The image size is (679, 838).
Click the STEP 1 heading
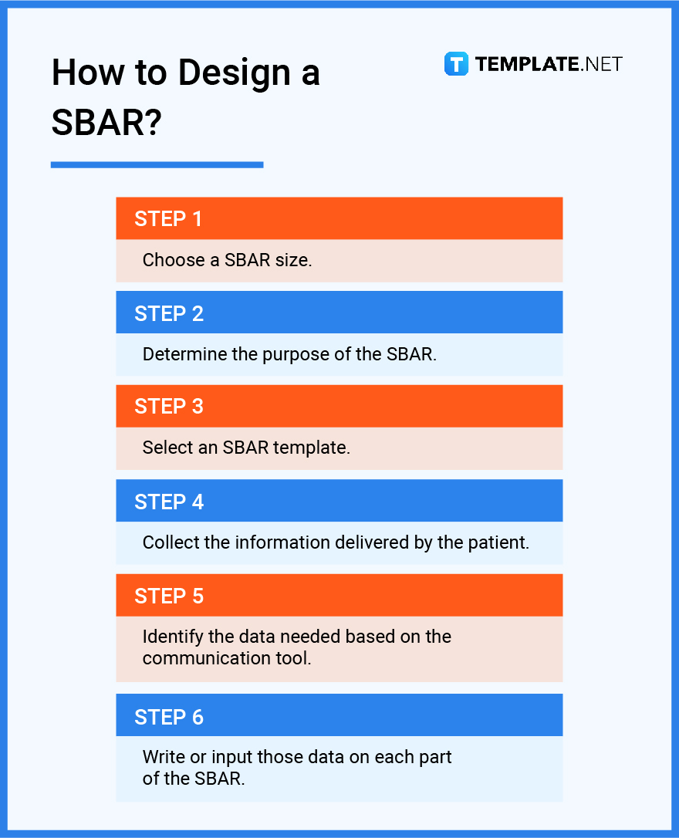168,219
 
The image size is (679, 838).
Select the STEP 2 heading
168,313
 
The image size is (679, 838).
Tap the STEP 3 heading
168,407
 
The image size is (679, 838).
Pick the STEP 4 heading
168,502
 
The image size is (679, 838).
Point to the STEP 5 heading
168,596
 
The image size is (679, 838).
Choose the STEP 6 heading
168,717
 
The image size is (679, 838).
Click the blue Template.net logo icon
456,64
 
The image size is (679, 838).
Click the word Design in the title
225,73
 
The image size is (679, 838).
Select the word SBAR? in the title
106,122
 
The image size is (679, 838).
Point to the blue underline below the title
157,164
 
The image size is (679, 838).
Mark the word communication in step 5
199,658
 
